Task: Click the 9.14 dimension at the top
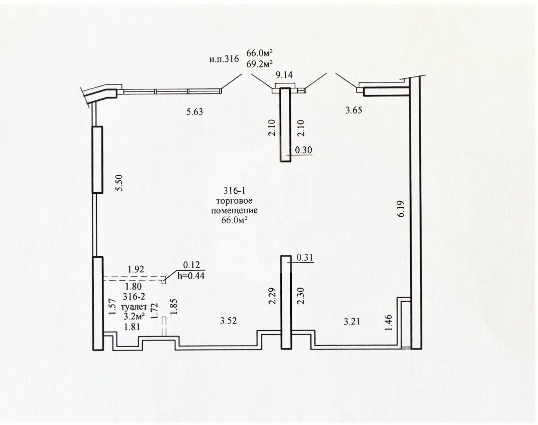[284, 75]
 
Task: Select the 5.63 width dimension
[194, 112]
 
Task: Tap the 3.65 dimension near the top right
[353, 110]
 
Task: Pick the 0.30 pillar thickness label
[304, 150]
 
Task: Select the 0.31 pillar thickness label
[305, 258]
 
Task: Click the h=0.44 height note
[191, 275]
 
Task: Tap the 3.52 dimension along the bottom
[228, 321]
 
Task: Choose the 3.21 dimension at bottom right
[352, 322]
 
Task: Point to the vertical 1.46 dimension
[389, 323]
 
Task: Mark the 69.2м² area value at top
[260, 63]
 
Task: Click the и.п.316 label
[224, 59]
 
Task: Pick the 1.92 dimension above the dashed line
[136, 270]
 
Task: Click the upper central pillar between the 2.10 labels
[285, 124]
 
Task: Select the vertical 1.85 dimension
[174, 307]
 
